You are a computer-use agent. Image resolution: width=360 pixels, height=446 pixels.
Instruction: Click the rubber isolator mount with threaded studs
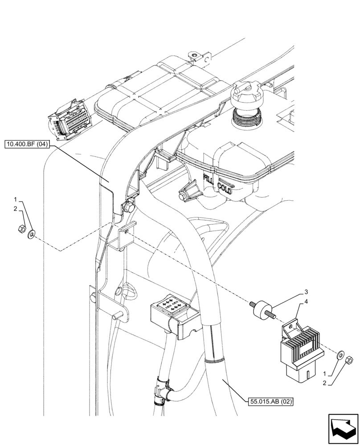click(x=262, y=310)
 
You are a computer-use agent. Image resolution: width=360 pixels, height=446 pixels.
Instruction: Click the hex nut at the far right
click(x=350, y=359)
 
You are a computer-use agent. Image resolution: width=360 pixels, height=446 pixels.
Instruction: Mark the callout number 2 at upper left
click(x=15, y=209)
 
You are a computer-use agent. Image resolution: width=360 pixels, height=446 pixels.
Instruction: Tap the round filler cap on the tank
click(x=246, y=95)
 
